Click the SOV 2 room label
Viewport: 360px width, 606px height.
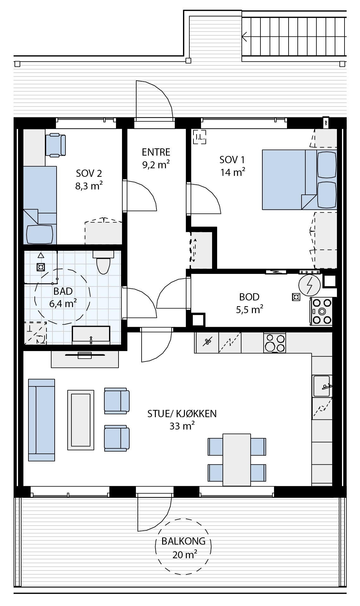89,173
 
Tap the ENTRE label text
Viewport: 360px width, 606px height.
156,152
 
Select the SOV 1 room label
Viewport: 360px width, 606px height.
232,160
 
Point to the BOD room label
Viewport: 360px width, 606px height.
249,297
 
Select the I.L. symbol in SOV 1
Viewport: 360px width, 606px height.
200,137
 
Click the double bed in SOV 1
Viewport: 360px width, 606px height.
299,180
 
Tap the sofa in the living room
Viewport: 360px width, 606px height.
41,420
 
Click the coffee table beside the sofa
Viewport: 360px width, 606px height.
81,420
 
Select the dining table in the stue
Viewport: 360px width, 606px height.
237,460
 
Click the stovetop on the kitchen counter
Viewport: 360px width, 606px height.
274,343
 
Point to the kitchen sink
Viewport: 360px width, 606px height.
321,386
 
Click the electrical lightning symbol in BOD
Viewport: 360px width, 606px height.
309,284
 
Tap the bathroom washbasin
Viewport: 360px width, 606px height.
91,335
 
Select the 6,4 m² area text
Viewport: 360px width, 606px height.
63,304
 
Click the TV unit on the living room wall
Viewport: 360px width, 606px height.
85,359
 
